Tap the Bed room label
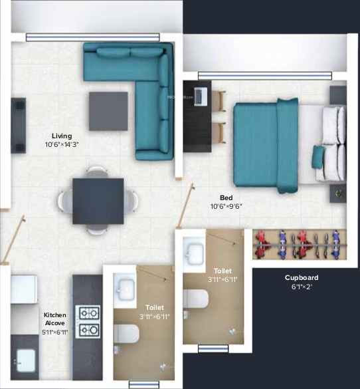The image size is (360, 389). [x=226, y=197]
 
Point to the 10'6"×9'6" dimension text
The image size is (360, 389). [x=226, y=207]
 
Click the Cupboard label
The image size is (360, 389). [x=302, y=277]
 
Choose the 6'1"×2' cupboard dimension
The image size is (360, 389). [x=302, y=287]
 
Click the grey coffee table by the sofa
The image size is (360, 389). [x=108, y=110]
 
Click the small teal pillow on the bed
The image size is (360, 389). [x=319, y=158]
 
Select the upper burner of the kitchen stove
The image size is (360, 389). [x=89, y=313]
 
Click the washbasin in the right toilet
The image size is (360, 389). [x=195, y=253]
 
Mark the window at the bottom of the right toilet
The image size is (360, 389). [x=213, y=348]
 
